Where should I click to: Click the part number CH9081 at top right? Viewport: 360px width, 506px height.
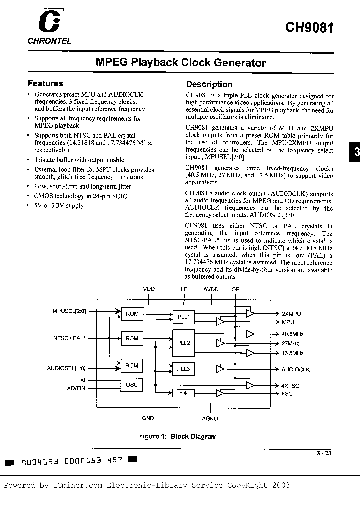(x=309, y=27)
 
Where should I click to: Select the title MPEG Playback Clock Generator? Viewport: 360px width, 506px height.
(x=180, y=63)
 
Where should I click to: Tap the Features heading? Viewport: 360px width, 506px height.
(x=45, y=84)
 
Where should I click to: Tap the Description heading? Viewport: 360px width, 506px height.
(x=209, y=84)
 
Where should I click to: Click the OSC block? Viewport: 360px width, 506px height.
(x=132, y=384)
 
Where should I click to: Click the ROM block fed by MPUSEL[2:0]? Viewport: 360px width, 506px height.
(x=132, y=314)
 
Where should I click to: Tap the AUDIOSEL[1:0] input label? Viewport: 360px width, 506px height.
(x=67, y=369)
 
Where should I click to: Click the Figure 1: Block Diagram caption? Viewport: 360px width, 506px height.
(x=177, y=436)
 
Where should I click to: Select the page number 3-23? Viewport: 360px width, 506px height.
(x=324, y=454)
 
